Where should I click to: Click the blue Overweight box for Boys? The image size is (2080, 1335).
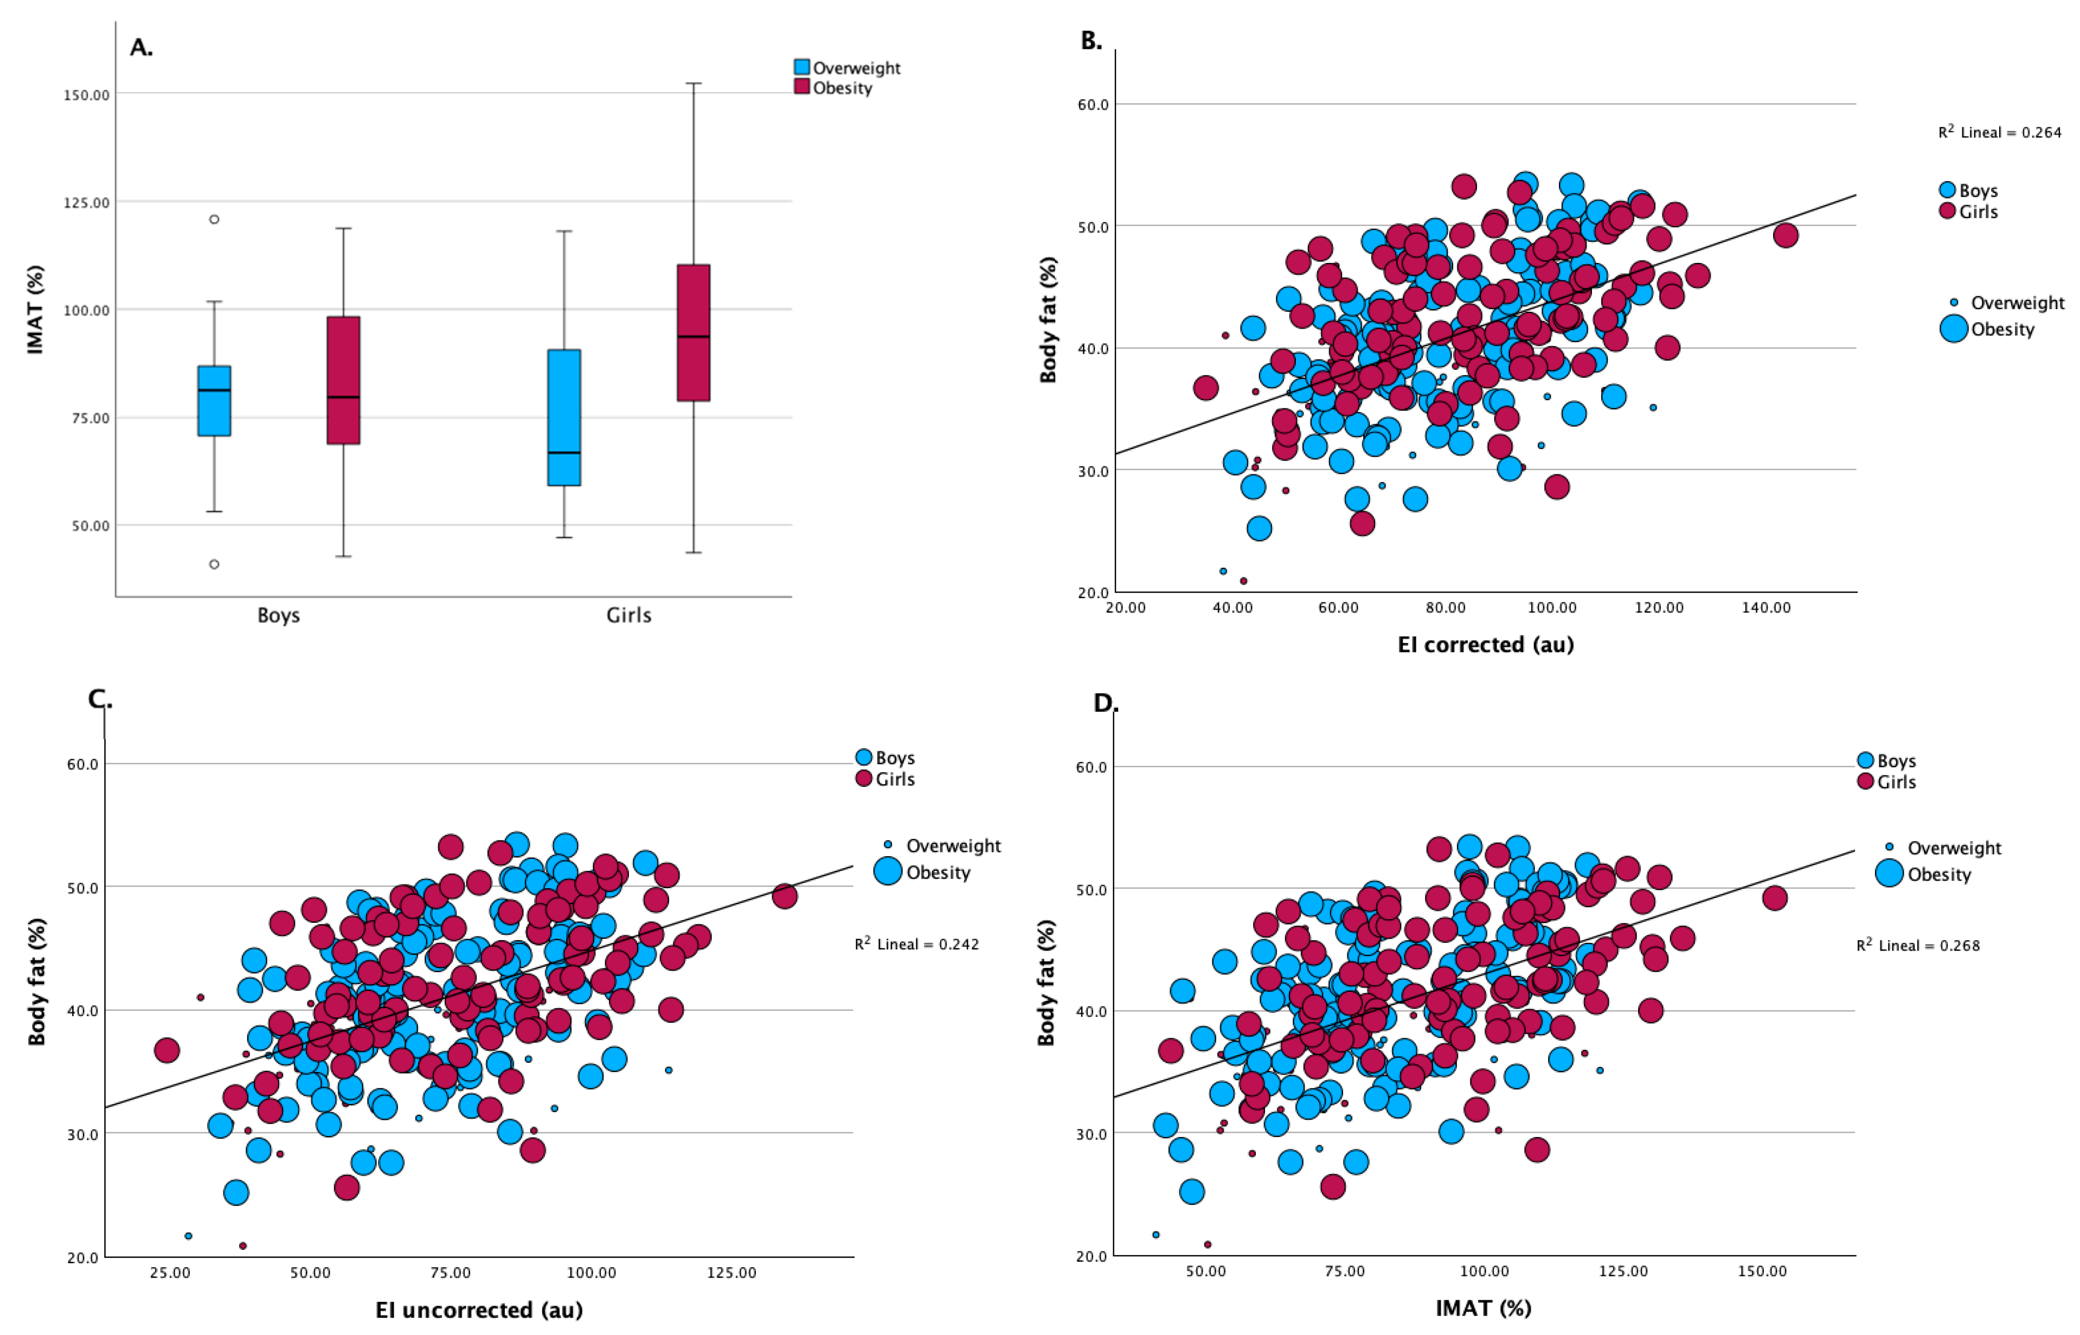click(x=214, y=401)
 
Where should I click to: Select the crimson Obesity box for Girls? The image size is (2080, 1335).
click(x=694, y=333)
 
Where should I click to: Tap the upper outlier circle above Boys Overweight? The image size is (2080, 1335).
click(x=214, y=219)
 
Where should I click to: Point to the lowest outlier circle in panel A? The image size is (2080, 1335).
click(x=214, y=564)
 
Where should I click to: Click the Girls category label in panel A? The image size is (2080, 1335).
click(x=628, y=615)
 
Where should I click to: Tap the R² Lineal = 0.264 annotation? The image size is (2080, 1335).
click(x=1999, y=133)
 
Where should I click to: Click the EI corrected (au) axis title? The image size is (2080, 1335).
click(x=1486, y=644)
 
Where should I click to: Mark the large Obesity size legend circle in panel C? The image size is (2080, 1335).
click(x=888, y=871)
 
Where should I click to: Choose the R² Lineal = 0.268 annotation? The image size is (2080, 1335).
click(x=1918, y=946)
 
